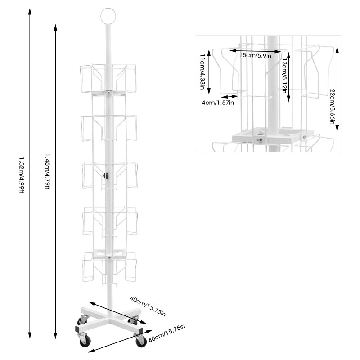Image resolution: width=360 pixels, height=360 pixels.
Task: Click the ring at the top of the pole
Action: [108, 14]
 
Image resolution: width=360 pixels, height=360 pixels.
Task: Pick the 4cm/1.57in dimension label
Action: [218, 103]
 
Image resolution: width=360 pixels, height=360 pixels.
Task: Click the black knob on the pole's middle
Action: [107, 175]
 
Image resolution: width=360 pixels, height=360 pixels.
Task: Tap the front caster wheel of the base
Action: [85, 342]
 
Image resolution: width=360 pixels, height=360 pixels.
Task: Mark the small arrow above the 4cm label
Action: [229, 96]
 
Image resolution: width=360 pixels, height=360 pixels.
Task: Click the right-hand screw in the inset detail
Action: [305, 136]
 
